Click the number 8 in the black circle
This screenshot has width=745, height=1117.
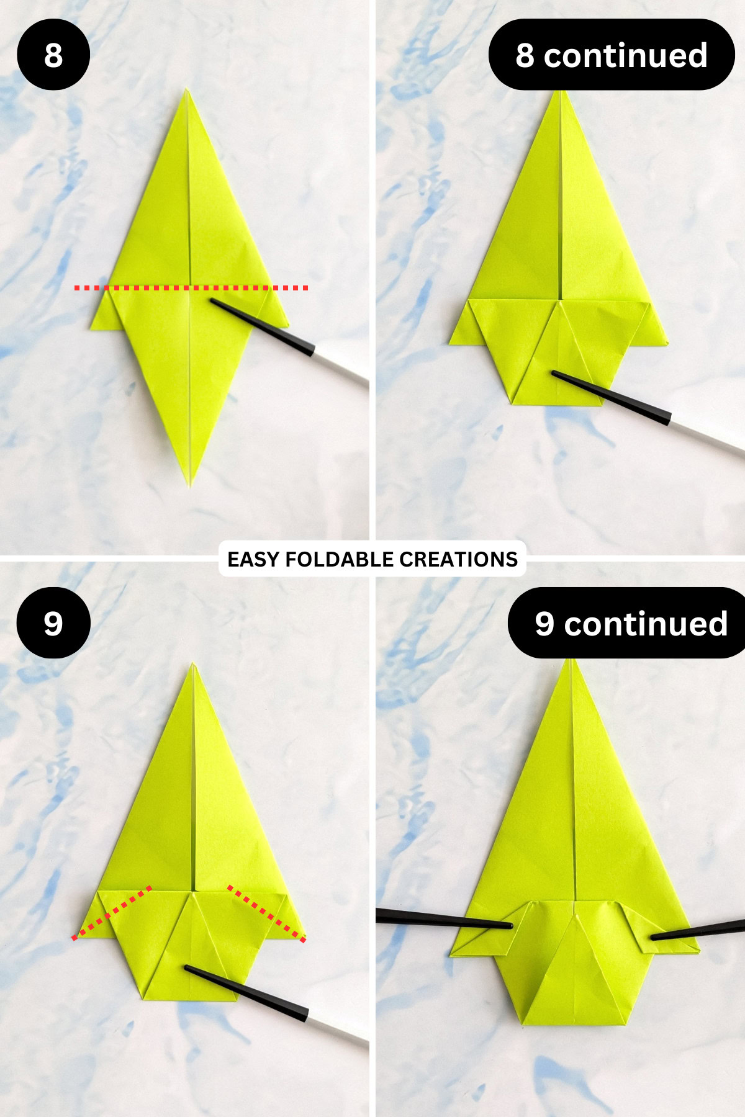coord(53,55)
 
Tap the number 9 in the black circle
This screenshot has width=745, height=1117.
coord(53,623)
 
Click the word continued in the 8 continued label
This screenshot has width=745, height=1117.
coord(625,55)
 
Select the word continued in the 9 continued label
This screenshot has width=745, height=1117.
coord(646,623)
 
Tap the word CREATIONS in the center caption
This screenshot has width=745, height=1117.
coord(458,559)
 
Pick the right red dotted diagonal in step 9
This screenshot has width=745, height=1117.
coord(266,913)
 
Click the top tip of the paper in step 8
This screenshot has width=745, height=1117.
coord(186,91)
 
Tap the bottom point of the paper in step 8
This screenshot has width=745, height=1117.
coord(191,485)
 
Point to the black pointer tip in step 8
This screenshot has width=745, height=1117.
coord(213,301)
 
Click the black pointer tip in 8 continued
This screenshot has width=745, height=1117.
coord(554,373)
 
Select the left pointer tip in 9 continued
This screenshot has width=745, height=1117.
coord(510,926)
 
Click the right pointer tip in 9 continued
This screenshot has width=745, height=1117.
coord(653,938)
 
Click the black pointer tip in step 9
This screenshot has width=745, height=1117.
coord(187,967)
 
